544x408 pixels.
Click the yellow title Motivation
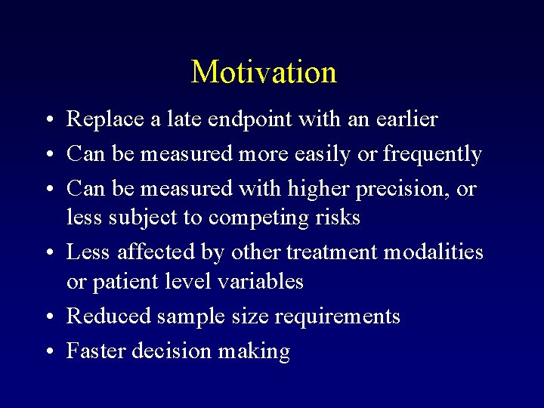264,73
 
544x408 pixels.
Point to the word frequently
432,155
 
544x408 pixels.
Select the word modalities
433,252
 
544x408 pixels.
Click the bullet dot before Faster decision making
48,351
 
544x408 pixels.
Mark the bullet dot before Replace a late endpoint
48,120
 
